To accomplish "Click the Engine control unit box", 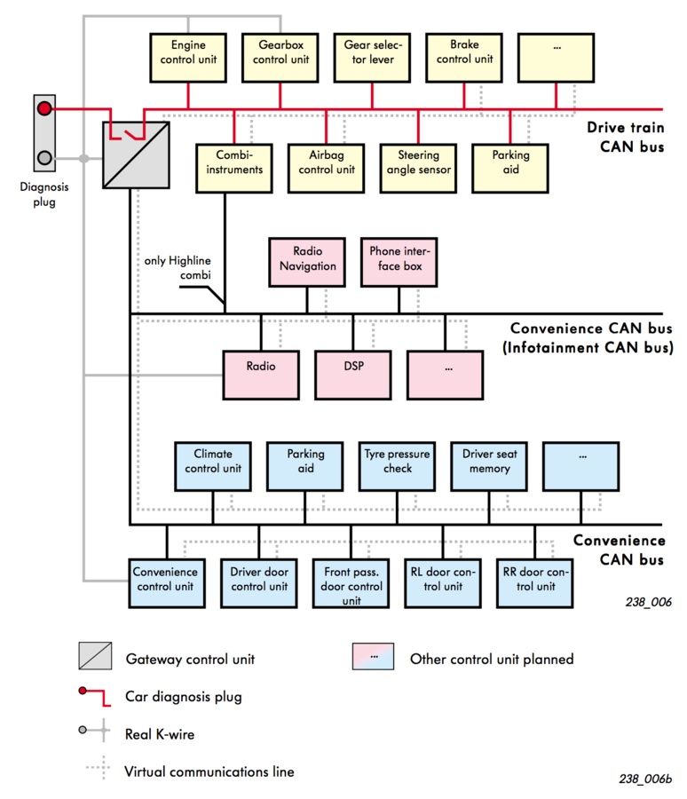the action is (188, 58).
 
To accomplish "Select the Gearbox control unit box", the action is (280, 58).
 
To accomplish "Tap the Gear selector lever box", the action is (372, 58).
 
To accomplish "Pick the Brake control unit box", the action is (464, 58).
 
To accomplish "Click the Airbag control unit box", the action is (326, 169).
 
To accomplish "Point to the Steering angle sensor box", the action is (418, 169).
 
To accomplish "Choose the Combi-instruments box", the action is (234, 169).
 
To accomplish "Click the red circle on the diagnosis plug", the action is (44, 108).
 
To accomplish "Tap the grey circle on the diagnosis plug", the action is (44, 158).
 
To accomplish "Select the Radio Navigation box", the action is (307, 263).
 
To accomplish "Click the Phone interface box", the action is (399, 263).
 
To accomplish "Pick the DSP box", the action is (353, 375).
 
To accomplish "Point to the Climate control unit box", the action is (213, 467).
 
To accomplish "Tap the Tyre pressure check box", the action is (397, 467).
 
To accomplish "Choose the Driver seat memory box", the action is (489, 467).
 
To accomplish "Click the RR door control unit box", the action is (535, 584).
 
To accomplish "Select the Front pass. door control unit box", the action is (351, 584).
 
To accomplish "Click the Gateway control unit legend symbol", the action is (95, 656).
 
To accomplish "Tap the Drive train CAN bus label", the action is (626, 137).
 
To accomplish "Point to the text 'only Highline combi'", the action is (178, 267).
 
